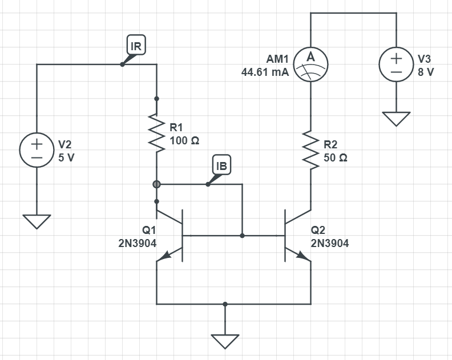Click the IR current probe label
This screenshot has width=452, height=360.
click(x=137, y=46)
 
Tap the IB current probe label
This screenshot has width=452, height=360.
click(x=222, y=165)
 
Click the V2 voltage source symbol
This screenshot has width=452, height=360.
click(x=37, y=150)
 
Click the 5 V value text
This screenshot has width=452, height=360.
click(x=67, y=157)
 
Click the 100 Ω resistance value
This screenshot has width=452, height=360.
click(x=184, y=140)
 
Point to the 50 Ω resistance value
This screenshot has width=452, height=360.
click(x=336, y=157)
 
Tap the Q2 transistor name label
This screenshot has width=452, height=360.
click(x=318, y=230)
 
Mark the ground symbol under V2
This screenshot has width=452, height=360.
click(x=37, y=221)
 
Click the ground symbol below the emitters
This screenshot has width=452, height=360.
click(x=225, y=341)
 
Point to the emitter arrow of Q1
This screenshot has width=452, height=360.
click(x=163, y=258)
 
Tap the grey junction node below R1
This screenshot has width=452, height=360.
click(x=156, y=184)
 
